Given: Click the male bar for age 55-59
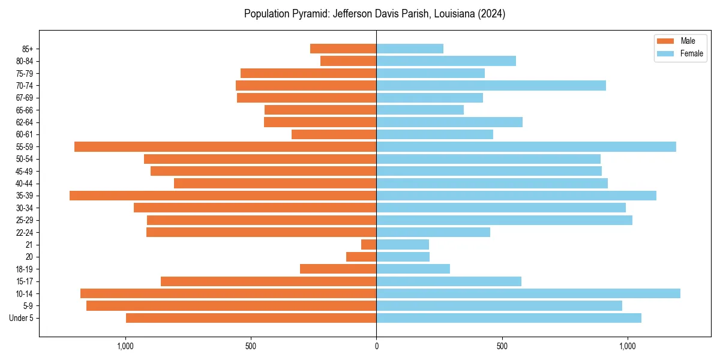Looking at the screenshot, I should (x=225, y=146).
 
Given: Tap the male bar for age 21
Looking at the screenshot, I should (x=368, y=244).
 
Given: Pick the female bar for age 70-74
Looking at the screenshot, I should (x=491, y=85).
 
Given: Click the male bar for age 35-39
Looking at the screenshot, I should (x=223, y=196).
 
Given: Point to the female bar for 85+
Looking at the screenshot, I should (x=410, y=49).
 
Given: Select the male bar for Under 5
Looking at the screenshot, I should (x=251, y=318).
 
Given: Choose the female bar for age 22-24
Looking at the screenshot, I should (x=433, y=232).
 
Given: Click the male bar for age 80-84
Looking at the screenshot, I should (x=348, y=61).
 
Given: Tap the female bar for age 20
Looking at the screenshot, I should (x=403, y=257).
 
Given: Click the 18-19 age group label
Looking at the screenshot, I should (x=23, y=269).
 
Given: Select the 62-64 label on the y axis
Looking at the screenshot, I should (x=23, y=122).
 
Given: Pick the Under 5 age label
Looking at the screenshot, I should (x=21, y=318).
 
